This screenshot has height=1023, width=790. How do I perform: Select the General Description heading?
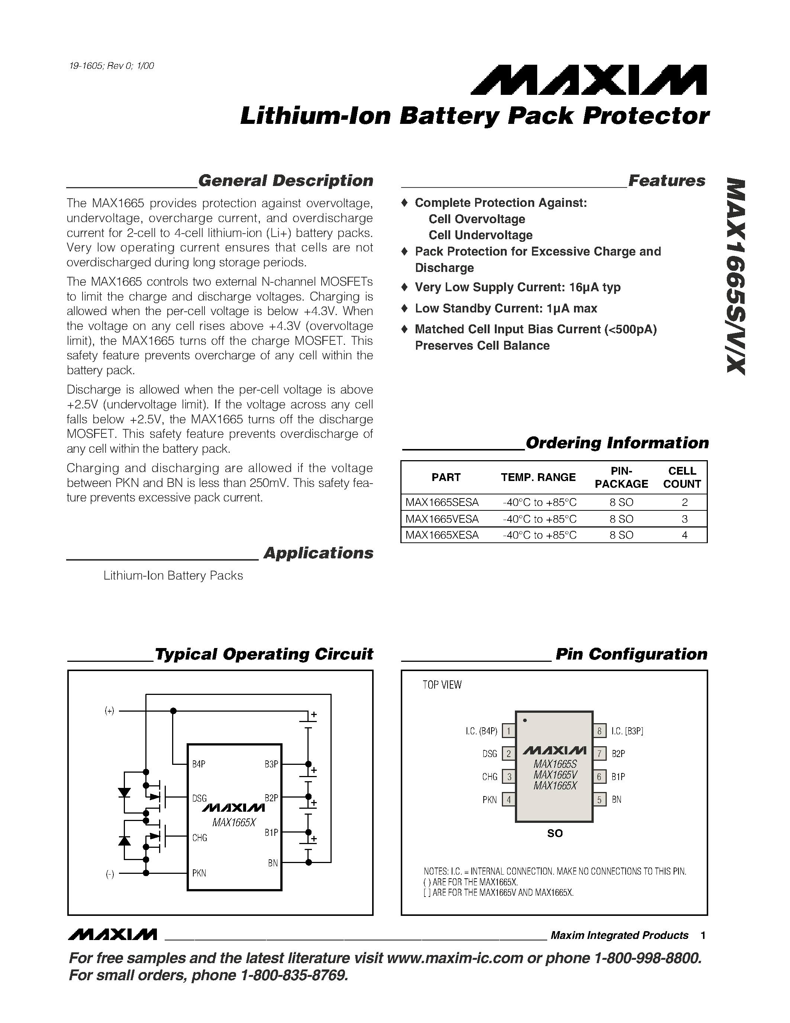point(286,181)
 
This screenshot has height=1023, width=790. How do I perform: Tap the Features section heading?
point(667,181)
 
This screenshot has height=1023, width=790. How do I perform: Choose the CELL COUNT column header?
point(682,477)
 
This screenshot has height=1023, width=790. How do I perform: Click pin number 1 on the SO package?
point(509,731)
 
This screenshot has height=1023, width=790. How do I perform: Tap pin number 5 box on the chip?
point(599,799)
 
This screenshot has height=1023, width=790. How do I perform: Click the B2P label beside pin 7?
point(618,754)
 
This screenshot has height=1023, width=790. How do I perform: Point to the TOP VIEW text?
point(442,685)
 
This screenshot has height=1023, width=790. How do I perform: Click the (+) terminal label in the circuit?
point(109,711)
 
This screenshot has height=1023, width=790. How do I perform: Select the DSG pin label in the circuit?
point(199,798)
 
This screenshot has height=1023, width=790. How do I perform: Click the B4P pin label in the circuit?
point(199,764)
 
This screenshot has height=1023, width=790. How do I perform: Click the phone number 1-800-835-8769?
point(294,975)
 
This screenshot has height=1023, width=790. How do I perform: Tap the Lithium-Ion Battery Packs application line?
point(173,576)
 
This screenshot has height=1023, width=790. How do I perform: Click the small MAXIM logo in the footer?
point(112,935)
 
